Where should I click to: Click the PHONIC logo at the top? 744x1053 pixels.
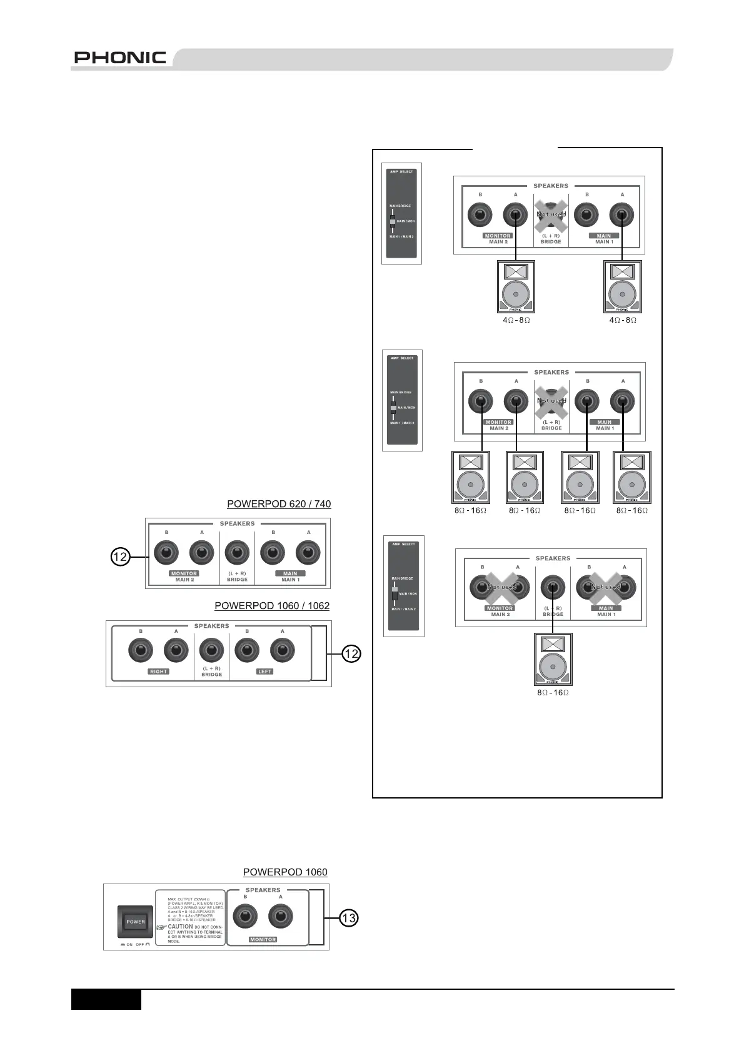click(120, 58)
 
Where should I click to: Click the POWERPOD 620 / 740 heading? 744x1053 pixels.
click(279, 503)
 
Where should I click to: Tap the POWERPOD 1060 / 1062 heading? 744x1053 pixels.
click(272, 605)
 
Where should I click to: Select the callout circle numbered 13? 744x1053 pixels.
click(349, 918)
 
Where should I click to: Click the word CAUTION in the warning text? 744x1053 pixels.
click(181, 927)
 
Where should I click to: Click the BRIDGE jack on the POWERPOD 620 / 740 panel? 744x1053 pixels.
click(237, 553)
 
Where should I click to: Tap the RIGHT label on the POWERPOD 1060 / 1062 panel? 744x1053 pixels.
click(159, 672)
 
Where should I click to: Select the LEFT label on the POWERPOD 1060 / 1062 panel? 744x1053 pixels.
click(265, 672)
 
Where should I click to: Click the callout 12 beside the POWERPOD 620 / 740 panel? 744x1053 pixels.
click(121, 556)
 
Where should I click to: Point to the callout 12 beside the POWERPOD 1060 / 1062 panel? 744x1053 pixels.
click(351, 653)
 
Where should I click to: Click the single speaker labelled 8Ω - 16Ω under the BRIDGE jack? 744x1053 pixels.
click(553, 660)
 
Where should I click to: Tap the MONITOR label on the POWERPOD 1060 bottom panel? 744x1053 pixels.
click(263, 940)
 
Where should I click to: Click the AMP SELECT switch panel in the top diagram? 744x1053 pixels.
click(402, 213)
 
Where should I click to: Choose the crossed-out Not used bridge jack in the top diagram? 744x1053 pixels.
click(551, 215)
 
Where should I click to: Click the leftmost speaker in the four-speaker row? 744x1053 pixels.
click(470, 477)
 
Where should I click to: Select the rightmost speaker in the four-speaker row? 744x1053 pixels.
click(631, 477)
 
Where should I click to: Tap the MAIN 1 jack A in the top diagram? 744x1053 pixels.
click(622, 215)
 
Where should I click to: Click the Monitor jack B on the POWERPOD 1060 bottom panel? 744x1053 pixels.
click(245, 917)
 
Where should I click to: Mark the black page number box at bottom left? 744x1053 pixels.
click(106, 999)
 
